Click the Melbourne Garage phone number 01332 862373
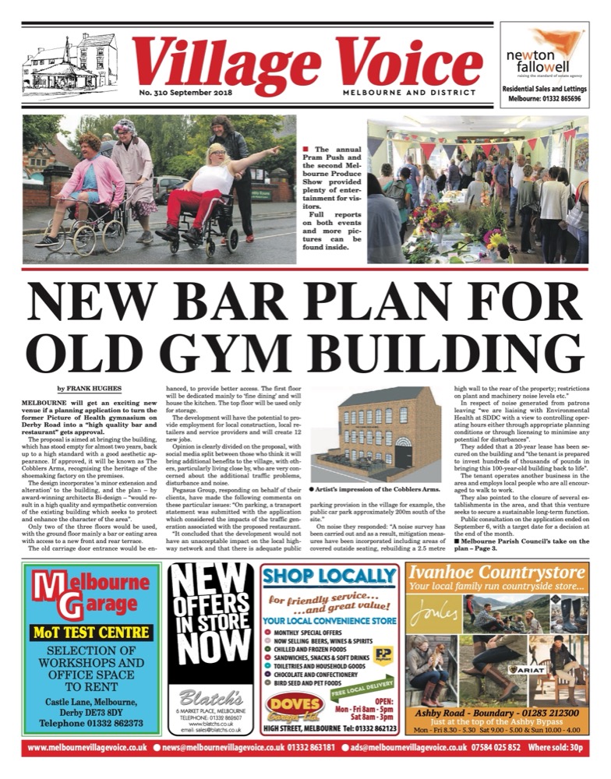(x=91, y=722)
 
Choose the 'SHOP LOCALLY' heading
(x=330, y=576)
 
